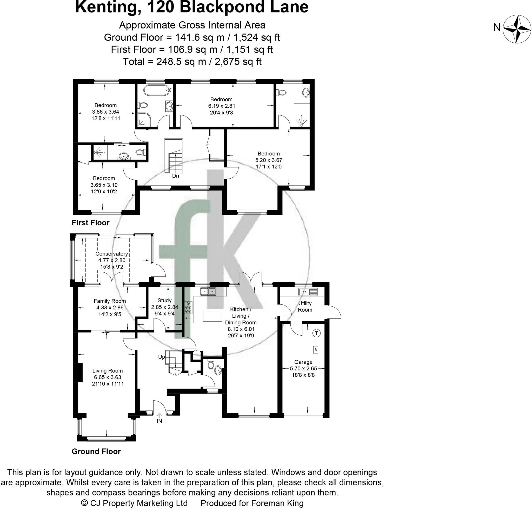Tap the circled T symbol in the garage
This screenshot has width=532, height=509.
click(316, 333)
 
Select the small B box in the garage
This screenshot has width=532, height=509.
click(315, 350)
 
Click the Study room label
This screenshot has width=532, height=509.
click(164, 300)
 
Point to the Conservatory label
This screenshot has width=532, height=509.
click(111, 254)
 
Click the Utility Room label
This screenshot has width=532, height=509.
click(305, 306)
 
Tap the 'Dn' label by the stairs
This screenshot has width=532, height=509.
click(175, 176)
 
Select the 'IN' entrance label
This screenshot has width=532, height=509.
click(159, 421)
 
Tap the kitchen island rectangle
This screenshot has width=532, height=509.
click(212, 317)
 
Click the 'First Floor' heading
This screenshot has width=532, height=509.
click(91, 223)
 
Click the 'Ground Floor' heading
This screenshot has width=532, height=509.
click(96, 452)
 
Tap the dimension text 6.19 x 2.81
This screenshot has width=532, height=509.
click(221, 106)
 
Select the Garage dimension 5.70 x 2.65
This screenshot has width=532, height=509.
click(303, 368)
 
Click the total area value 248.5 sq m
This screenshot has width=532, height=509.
click(181, 62)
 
